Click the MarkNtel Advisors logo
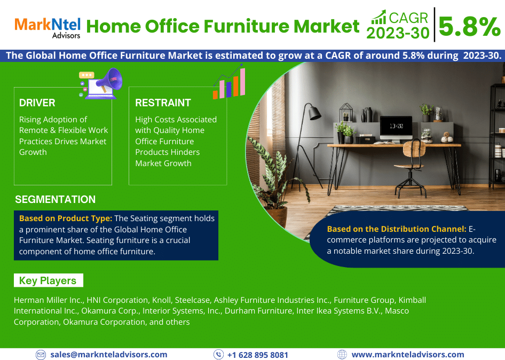[48, 27]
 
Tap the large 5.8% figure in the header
[469, 26]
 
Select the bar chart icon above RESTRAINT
[229, 84]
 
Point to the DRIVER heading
[37, 103]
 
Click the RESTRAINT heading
[163, 103]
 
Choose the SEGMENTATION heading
[55, 200]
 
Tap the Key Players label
[48, 280]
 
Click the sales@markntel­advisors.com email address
[108, 355]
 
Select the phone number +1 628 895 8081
[257, 355]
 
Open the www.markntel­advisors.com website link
[407, 355]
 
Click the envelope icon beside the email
[41, 355]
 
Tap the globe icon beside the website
[342, 355]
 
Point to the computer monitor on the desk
[396, 127]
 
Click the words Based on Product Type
[66, 218]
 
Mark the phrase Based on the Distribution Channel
[397, 229]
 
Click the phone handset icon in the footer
[218, 355]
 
